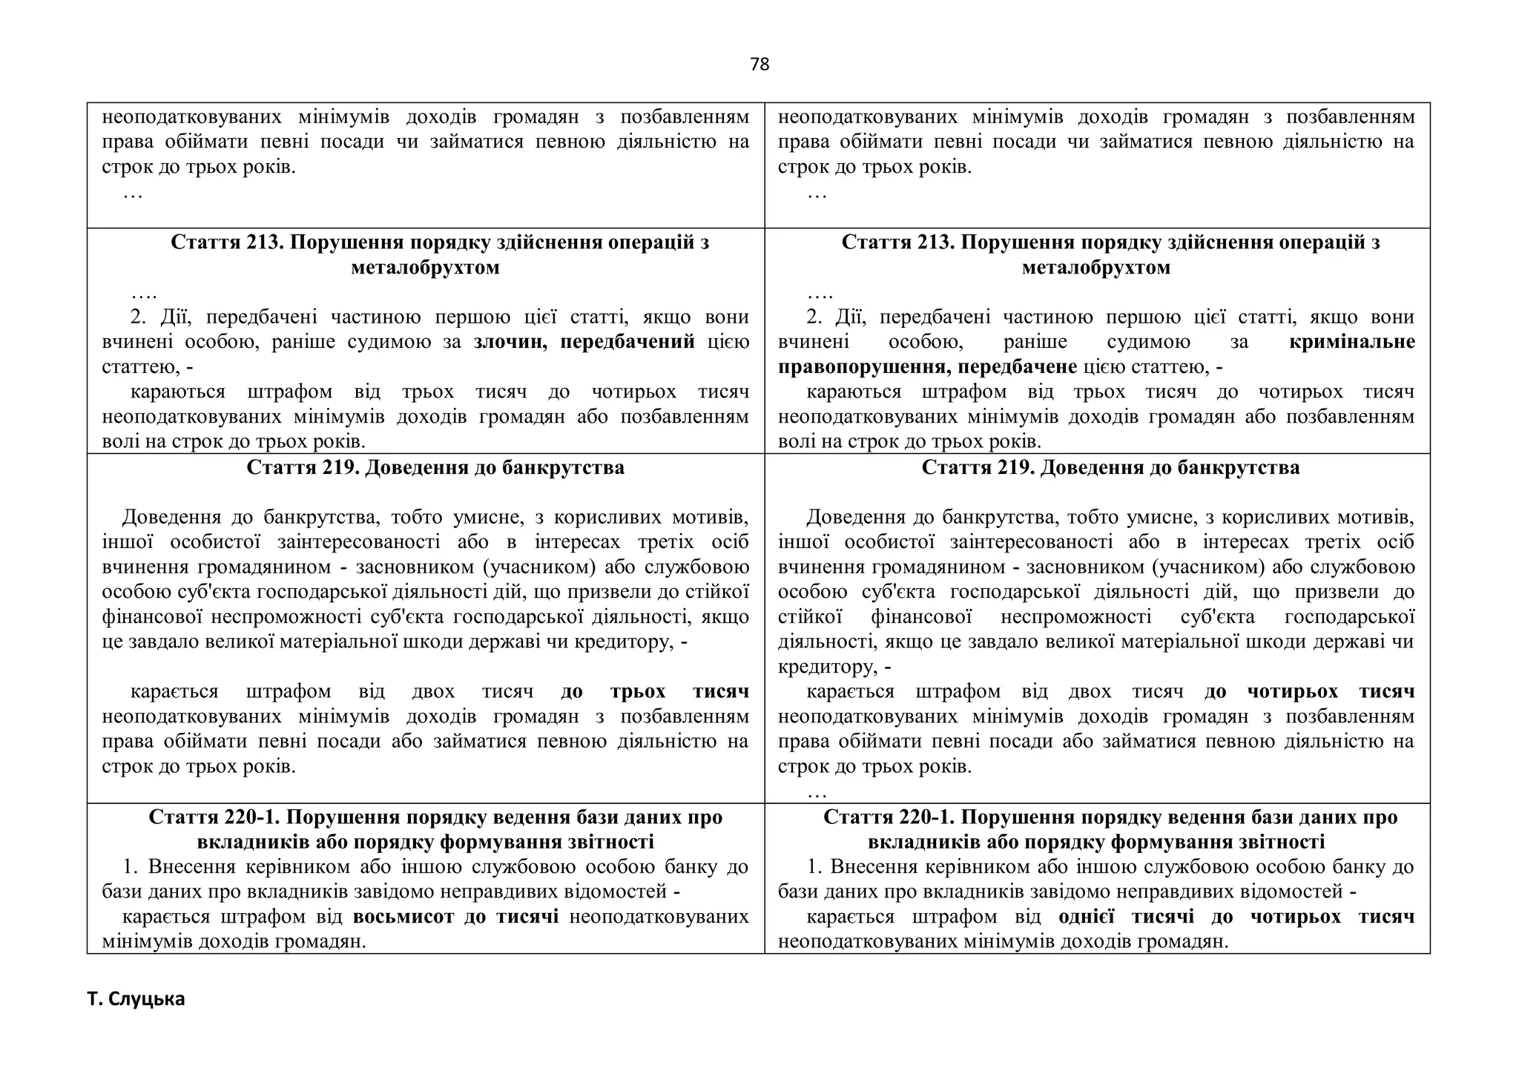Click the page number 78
point(759,65)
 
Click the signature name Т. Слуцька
point(136,999)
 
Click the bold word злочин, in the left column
point(512,342)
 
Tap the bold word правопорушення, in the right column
point(864,367)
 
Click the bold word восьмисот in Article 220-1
point(403,917)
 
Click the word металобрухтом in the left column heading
point(425,268)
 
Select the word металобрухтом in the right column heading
point(1095,268)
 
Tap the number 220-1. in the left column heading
point(252,817)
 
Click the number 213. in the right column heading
point(937,243)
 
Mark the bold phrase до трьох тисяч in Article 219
point(654,692)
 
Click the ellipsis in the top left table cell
point(133,194)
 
